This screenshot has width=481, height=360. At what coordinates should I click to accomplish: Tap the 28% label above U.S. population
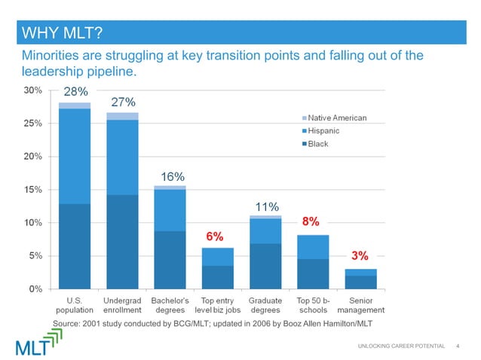click(75, 92)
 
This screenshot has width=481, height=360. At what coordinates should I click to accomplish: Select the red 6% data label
click(215, 236)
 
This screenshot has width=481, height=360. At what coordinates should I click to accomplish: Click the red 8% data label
click(311, 222)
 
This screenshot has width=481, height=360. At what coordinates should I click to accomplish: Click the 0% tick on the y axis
click(35, 288)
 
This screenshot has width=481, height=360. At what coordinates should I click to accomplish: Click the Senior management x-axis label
click(360, 304)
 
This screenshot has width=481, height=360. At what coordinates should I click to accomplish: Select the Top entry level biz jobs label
click(217, 304)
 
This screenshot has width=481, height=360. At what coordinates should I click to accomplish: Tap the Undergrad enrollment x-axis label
click(122, 304)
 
